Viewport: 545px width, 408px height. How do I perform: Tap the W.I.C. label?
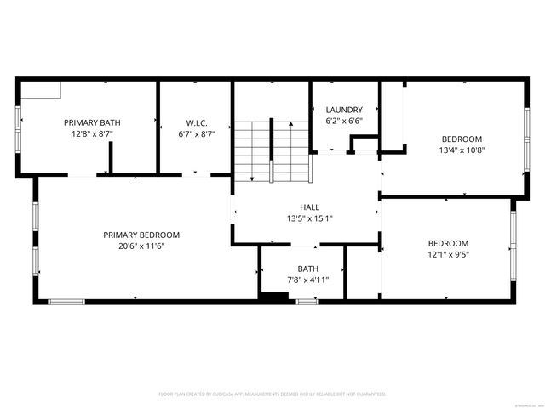click(x=197, y=122)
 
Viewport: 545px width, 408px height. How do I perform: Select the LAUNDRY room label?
click(x=344, y=110)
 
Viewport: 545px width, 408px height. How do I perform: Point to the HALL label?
click(x=309, y=207)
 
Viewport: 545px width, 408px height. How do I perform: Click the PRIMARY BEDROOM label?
click(x=141, y=235)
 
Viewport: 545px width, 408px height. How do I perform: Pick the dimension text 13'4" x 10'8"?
click(x=462, y=150)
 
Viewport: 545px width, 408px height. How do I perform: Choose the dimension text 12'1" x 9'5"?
click(x=447, y=254)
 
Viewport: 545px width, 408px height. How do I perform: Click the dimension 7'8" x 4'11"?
click(x=307, y=280)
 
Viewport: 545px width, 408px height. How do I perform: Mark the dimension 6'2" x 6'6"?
click(x=344, y=122)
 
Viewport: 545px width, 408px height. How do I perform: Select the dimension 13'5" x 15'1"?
click(x=309, y=218)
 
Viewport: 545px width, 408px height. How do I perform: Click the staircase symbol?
click(x=272, y=150)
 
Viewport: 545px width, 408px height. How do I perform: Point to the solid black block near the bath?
click(x=273, y=297)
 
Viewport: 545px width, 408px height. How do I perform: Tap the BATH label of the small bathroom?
click(x=307, y=269)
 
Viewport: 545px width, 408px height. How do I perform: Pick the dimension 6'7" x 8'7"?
click(x=197, y=134)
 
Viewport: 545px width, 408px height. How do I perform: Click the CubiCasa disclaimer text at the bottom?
click(x=272, y=394)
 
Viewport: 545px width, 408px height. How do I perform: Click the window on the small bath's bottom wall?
click(x=307, y=301)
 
